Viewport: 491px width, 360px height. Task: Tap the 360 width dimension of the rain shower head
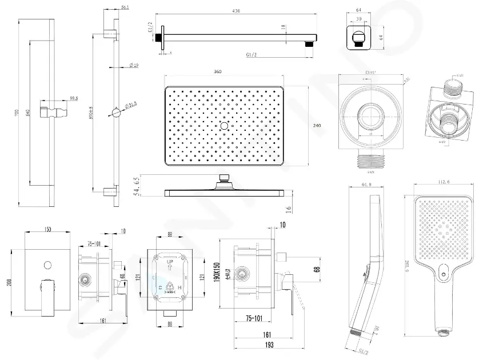[x=217, y=71]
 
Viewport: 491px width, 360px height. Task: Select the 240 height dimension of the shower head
[x=317, y=125]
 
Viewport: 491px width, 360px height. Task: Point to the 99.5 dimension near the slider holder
[x=73, y=98]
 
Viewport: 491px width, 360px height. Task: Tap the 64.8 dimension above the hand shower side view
[x=368, y=184]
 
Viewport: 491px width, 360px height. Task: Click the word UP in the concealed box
[x=169, y=260]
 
